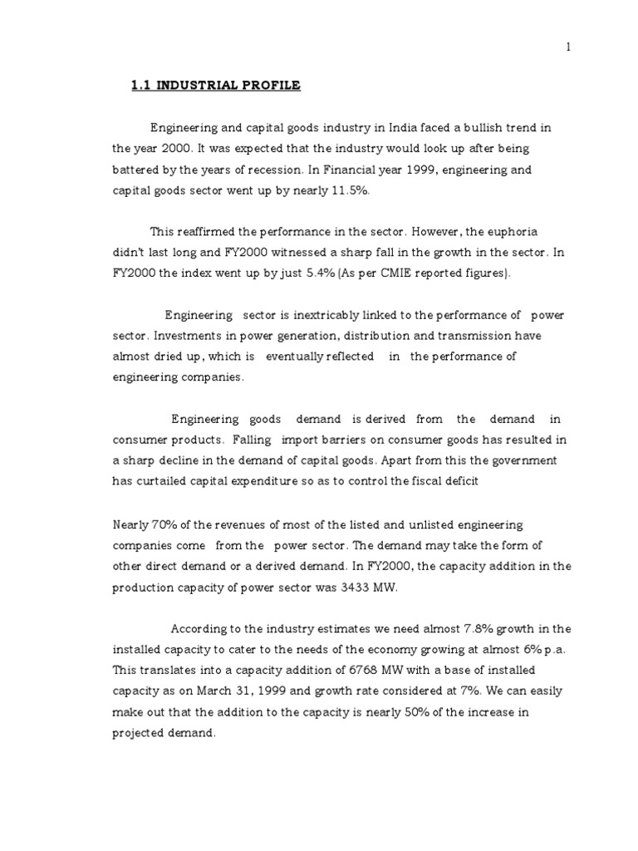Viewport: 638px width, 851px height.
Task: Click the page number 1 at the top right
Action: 568,47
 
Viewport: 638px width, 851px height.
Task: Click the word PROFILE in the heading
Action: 269,86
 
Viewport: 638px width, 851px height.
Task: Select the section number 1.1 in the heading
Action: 142,86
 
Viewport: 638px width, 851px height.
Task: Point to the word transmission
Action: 493,336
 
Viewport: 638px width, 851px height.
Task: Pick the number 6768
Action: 336,671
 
